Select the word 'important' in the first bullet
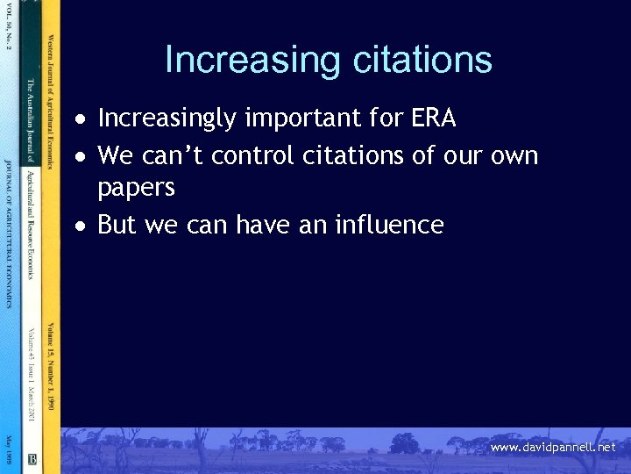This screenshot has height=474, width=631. (288, 118)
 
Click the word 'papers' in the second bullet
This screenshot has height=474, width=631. (136, 189)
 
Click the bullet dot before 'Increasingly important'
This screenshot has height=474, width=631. (80, 119)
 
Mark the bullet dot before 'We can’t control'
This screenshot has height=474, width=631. (80, 157)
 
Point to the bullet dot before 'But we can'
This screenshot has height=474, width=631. (80, 226)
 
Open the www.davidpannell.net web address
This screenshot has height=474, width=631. (553, 448)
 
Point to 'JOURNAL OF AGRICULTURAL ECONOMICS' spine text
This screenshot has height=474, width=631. (8, 233)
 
